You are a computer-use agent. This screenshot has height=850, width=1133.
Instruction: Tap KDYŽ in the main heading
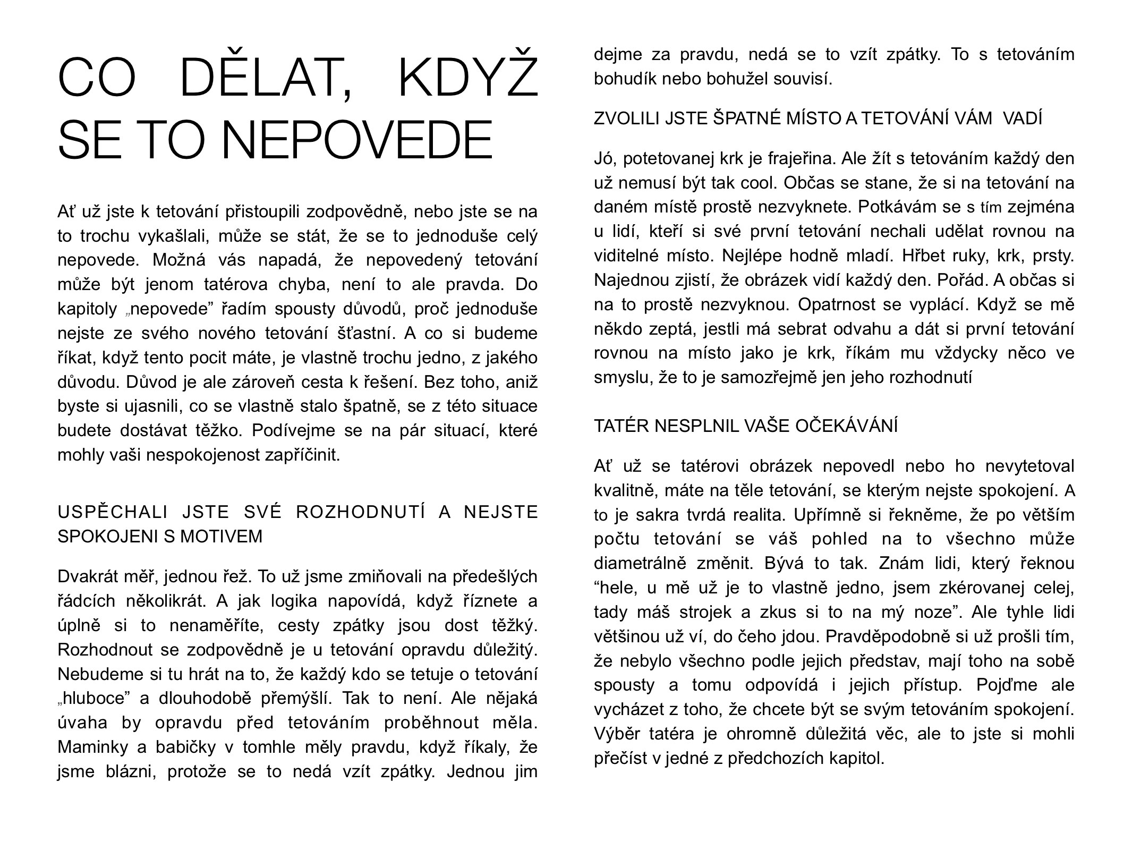pos(467,79)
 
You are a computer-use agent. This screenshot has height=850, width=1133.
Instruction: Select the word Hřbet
pos(921,256)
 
